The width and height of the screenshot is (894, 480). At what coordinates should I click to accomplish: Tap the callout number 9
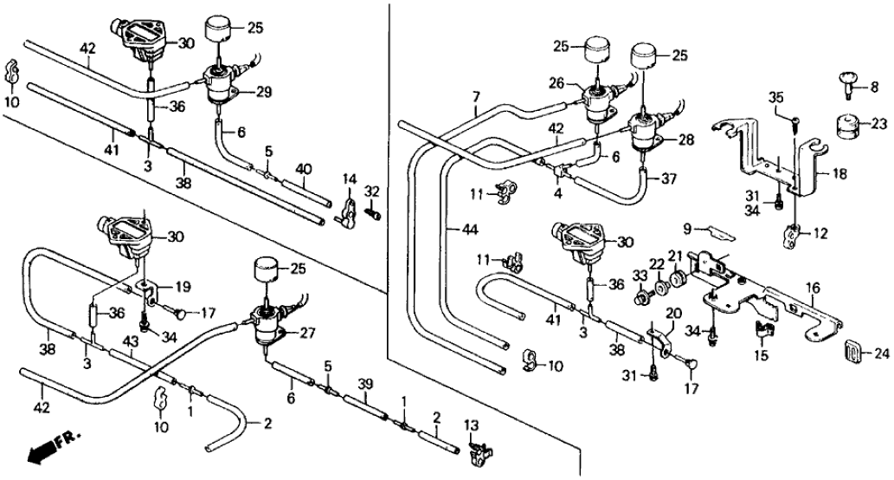686,230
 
